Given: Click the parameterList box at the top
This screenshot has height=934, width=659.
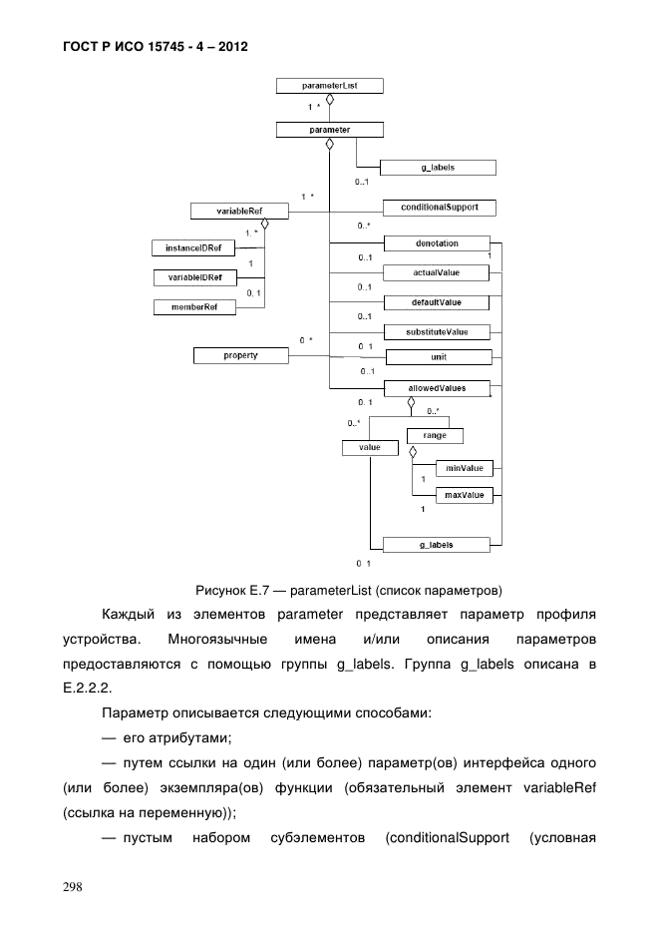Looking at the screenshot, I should coord(329,87).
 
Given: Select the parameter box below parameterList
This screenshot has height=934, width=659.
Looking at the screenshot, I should coord(329,129).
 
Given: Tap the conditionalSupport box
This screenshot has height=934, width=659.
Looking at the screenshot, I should coord(439,208).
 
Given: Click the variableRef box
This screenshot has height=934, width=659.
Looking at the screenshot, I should coord(239,211).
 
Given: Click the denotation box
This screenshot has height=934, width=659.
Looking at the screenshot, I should coord(437,242).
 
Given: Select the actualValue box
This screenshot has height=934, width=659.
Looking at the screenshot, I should coord(437,271).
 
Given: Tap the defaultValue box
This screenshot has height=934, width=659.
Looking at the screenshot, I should coord(437,301).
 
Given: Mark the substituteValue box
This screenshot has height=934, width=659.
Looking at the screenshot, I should coord(437,330).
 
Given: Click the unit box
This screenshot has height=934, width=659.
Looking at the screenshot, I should coord(437,356).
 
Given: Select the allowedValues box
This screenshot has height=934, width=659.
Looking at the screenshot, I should coord(437,387).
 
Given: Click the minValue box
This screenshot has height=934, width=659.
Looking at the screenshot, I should coord(465,467).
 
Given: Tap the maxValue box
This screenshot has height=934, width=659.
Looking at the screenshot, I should coord(465,495).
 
